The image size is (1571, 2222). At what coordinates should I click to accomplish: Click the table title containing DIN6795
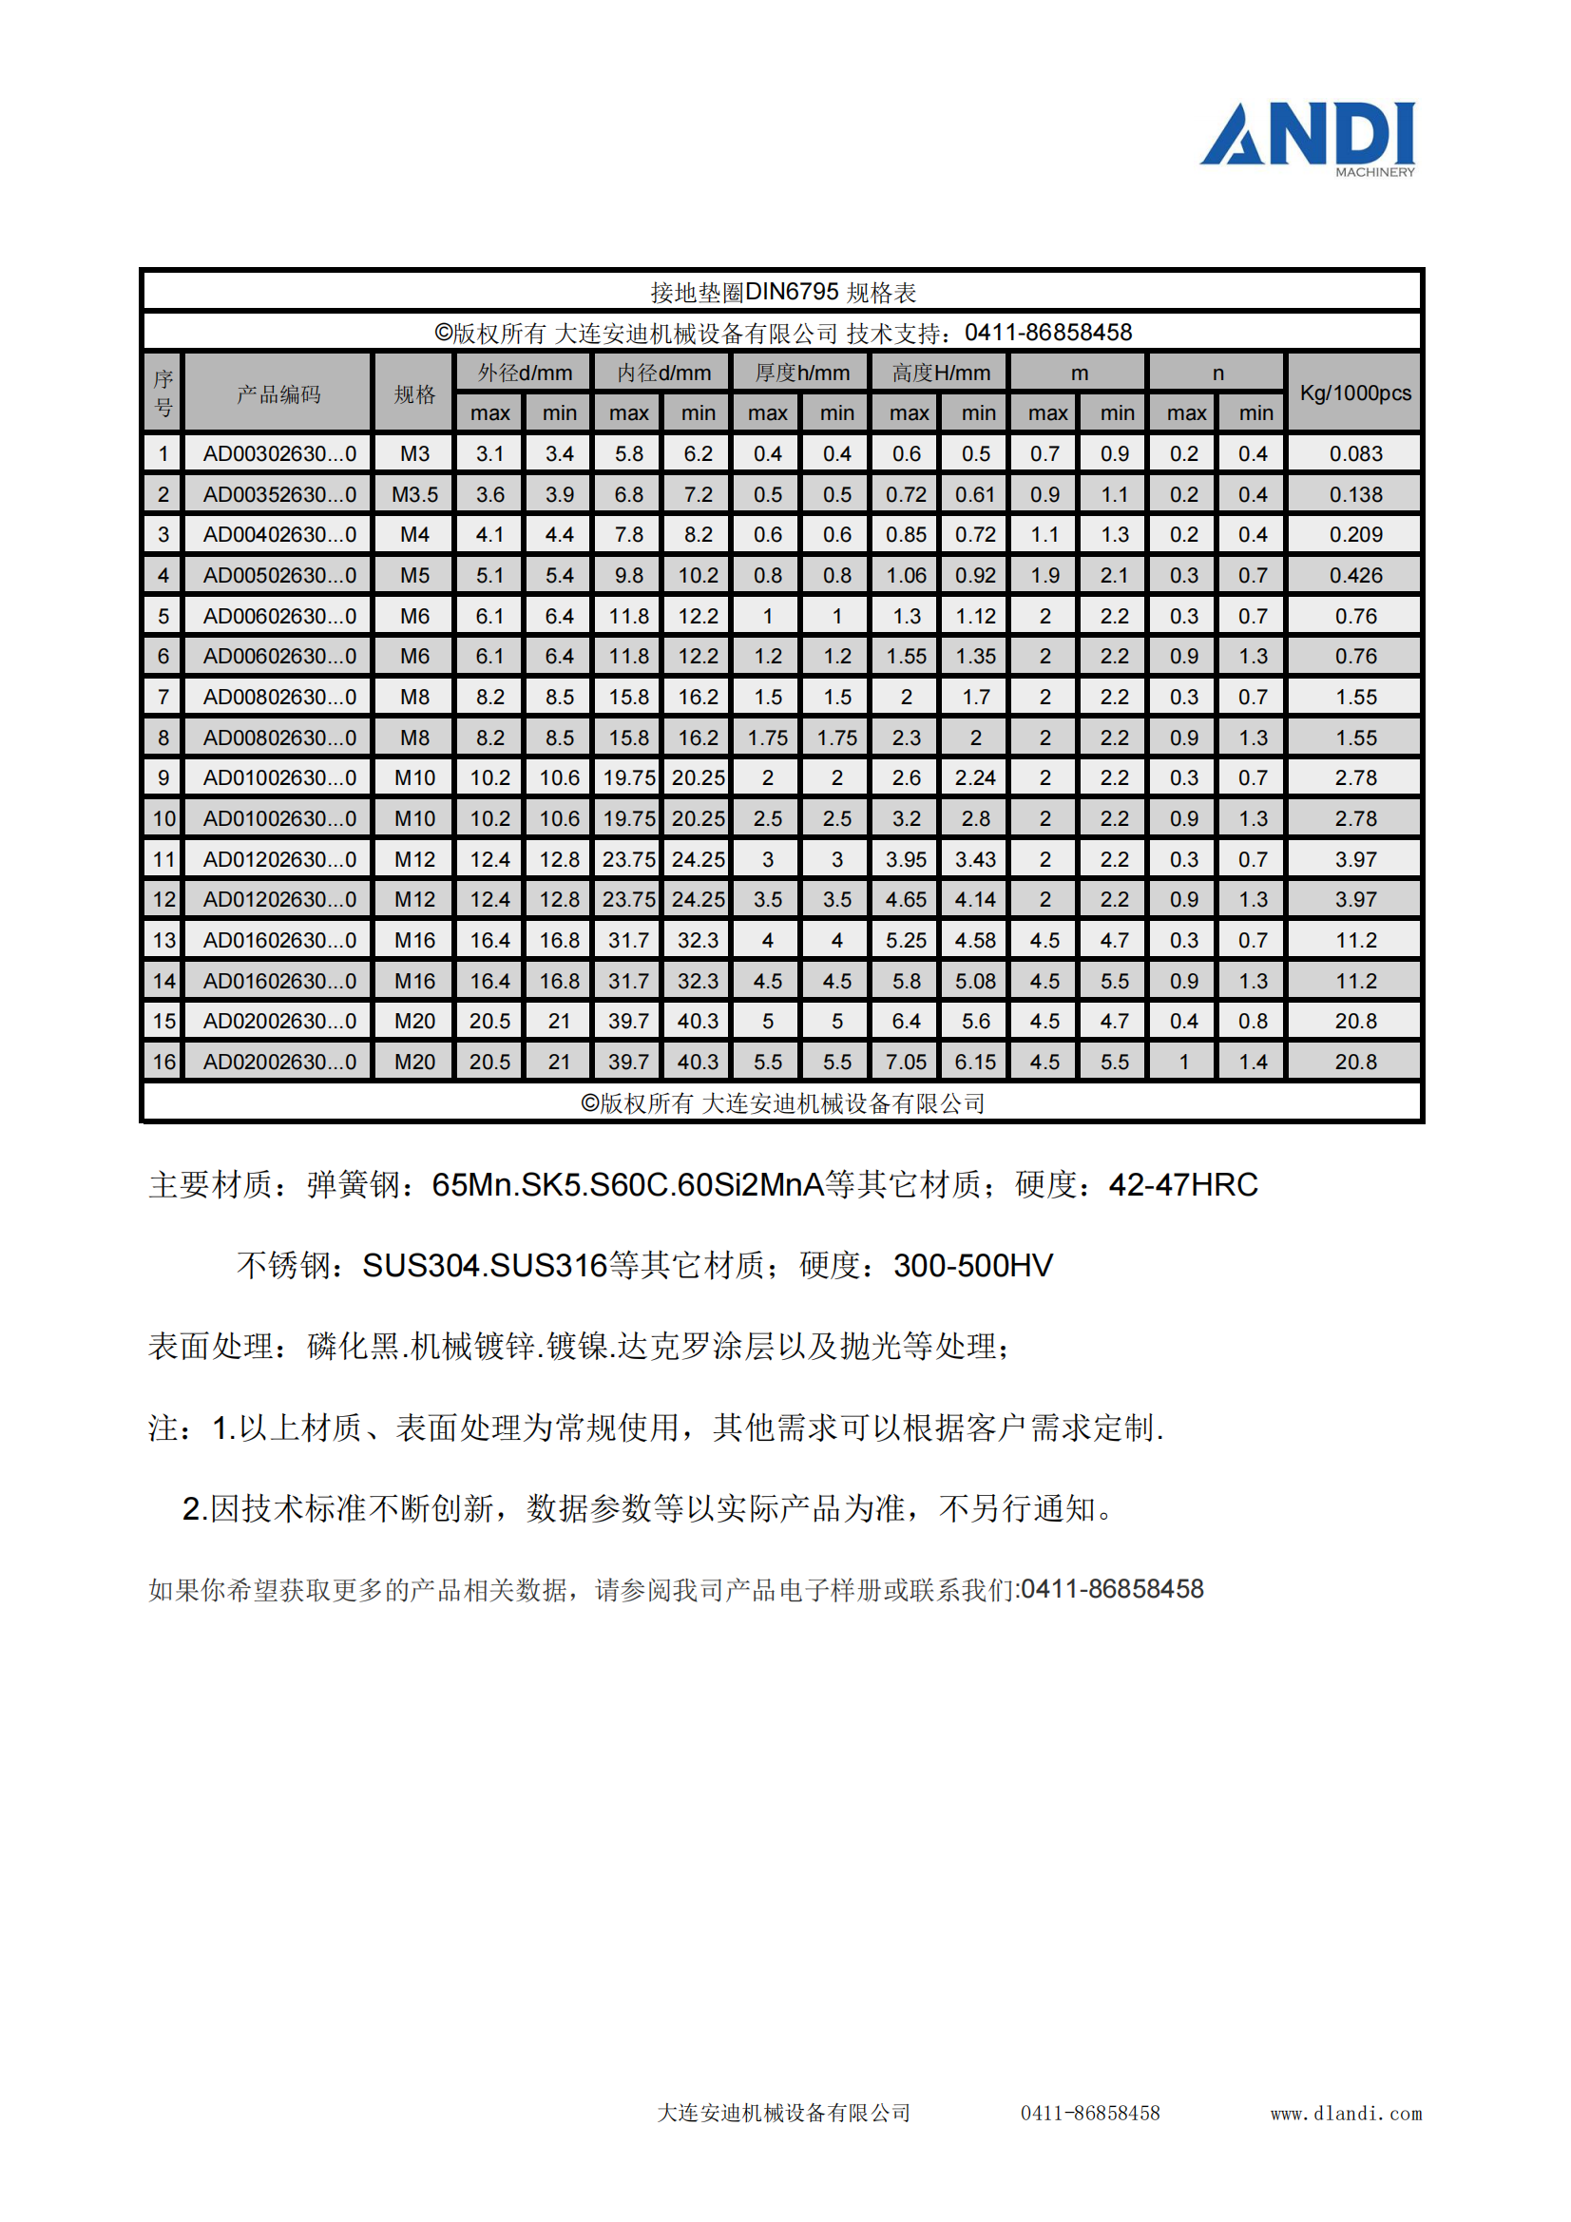coord(782,293)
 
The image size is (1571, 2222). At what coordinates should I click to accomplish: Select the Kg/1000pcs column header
coord(1354,393)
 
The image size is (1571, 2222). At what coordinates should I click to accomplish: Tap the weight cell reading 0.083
coord(1355,454)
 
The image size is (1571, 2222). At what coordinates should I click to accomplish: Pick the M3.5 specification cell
coord(414,494)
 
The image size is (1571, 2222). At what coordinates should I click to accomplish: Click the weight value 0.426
coord(1355,576)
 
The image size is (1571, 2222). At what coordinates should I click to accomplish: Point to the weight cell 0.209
coord(1355,535)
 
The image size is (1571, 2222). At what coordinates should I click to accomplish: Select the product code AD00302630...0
coord(278,454)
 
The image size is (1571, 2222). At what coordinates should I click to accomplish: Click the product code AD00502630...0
coord(278,576)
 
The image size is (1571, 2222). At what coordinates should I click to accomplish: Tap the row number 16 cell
coord(163,1063)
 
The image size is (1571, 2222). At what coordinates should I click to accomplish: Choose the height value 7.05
coord(906,1063)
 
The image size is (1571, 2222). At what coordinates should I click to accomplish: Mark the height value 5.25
coord(906,941)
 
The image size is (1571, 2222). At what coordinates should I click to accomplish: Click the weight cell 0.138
coord(1355,494)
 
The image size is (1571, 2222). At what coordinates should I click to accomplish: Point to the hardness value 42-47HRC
coord(1183,1184)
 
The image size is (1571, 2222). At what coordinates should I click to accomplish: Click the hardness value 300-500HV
coord(973,1266)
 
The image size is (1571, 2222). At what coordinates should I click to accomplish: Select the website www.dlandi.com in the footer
coord(1346,2114)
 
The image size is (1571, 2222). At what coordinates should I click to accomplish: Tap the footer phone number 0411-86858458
coord(1090,2114)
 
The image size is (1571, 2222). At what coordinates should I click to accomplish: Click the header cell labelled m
coord(1080,374)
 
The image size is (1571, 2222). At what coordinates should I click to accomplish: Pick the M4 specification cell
coord(414,535)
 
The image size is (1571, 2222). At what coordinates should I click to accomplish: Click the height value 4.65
coord(906,900)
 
